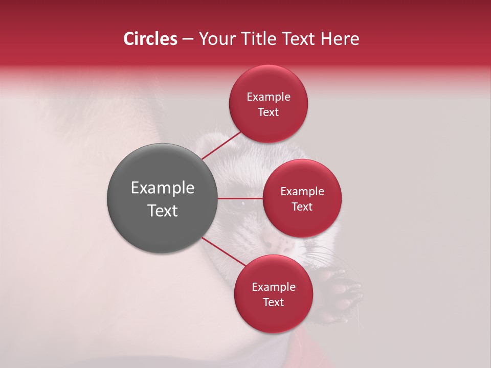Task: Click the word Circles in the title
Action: tap(150, 39)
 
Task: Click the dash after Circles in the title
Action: tap(187, 39)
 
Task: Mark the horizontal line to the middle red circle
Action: tap(240, 198)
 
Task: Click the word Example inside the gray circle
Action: tap(162, 188)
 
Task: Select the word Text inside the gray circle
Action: tap(162, 211)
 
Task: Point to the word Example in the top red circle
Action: tap(268, 97)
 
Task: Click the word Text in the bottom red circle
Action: tap(273, 303)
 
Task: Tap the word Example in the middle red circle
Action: tap(302, 192)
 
